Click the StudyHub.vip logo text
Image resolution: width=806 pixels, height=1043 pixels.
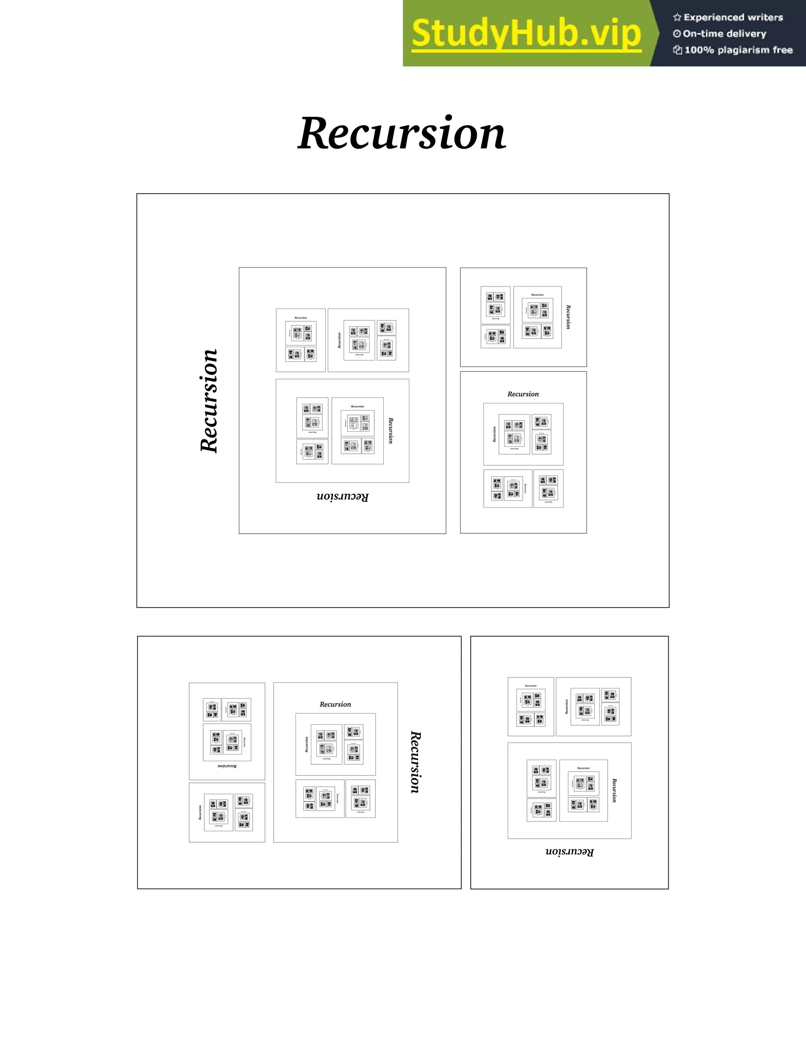click(x=526, y=33)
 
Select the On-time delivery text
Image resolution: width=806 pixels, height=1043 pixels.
click(x=725, y=34)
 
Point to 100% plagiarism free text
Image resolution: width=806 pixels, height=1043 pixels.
click(x=738, y=50)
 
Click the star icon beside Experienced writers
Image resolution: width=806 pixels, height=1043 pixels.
click(x=677, y=18)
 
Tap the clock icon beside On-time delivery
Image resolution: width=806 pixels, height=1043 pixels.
click(x=677, y=34)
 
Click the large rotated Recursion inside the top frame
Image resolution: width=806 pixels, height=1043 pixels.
click(x=209, y=401)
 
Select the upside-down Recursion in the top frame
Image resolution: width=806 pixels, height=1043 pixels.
click(x=342, y=497)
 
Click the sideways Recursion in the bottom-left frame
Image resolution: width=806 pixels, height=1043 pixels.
click(x=416, y=762)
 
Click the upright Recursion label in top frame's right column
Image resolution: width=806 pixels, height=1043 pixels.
click(x=523, y=394)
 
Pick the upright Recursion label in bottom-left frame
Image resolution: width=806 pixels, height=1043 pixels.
click(x=335, y=705)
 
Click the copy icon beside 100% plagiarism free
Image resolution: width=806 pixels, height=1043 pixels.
click(x=677, y=50)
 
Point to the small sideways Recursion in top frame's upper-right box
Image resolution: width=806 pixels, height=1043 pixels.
click(x=568, y=317)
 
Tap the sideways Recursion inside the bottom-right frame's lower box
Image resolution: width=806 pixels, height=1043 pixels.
click(x=614, y=790)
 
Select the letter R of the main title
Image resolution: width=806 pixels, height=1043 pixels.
click(x=317, y=133)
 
